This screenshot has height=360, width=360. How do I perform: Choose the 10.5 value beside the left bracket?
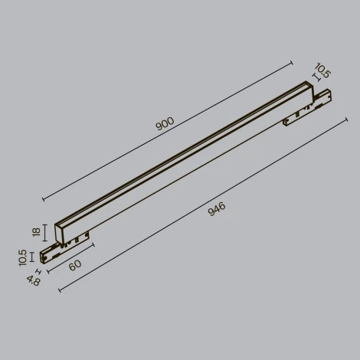[25, 257]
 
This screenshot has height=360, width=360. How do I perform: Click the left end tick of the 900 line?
[43, 200]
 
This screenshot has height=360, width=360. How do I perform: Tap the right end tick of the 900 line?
[293, 62]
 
